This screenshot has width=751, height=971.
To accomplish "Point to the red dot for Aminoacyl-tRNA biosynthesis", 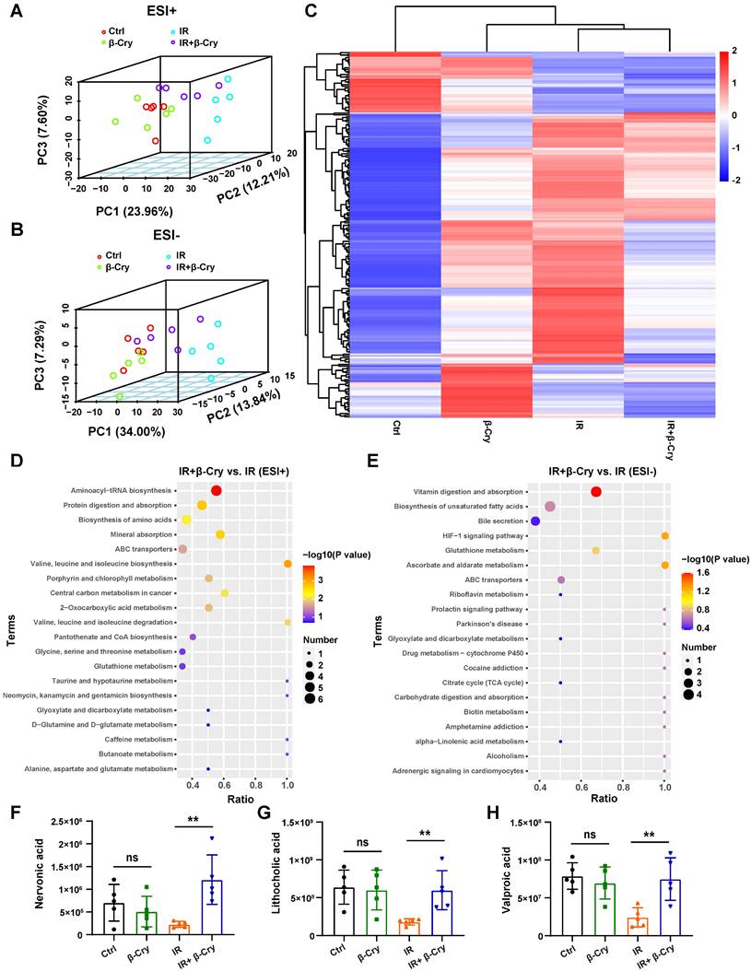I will pyautogui.click(x=217, y=491).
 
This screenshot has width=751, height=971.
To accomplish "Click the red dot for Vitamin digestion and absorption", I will pyautogui.click(x=596, y=494).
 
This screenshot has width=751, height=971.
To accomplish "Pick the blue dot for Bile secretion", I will pyautogui.click(x=535, y=521).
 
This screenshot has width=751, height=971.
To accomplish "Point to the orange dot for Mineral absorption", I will pyautogui.click(x=220, y=535).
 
